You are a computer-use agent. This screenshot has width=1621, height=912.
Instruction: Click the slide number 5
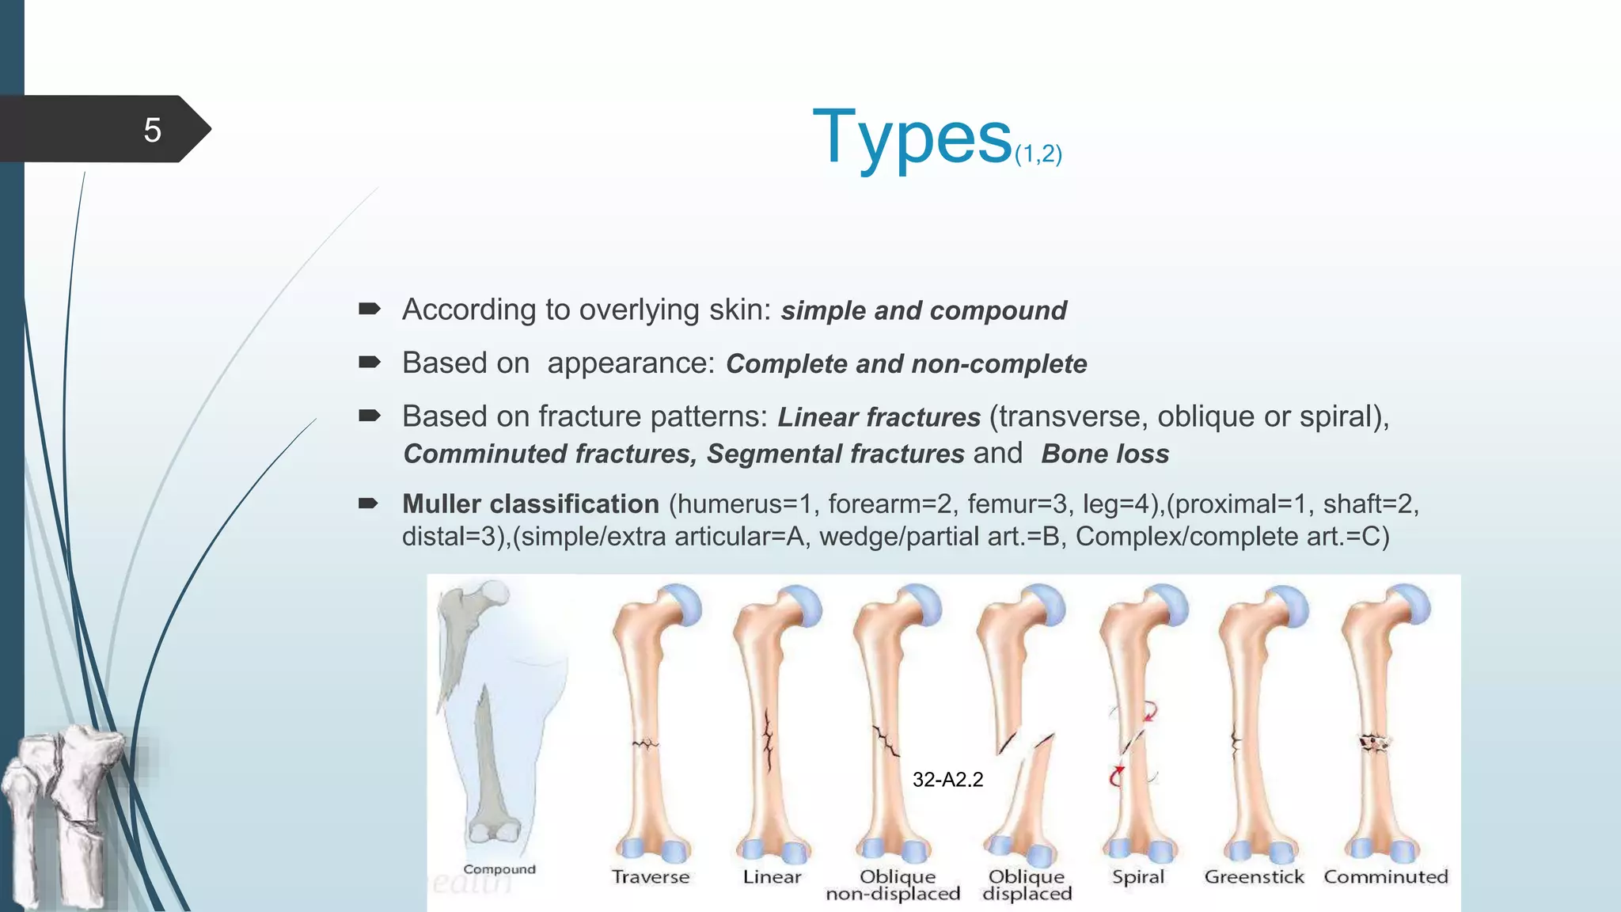[152, 130]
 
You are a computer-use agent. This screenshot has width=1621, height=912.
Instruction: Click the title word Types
[912, 138]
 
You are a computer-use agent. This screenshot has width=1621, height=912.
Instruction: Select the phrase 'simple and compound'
[923, 310]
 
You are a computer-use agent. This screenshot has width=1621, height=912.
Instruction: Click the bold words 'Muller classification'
[530, 503]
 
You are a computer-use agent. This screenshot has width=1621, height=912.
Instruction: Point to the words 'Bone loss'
[1105, 454]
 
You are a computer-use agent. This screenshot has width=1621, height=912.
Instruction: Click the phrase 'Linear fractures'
[879, 417]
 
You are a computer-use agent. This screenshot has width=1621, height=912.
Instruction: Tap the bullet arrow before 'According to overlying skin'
[369, 310]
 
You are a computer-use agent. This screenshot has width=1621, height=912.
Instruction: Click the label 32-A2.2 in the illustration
[947, 780]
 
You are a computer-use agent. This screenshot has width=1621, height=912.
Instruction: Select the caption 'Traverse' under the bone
[650, 877]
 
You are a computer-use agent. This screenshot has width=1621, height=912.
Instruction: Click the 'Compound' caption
[499, 869]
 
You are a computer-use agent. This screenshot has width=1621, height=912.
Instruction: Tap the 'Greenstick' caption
[1254, 877]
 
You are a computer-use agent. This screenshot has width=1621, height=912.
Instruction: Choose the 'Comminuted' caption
[1385, 877]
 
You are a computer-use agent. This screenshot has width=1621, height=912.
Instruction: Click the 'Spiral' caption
[1137, 877]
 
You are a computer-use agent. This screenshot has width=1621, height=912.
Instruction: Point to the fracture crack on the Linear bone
[768, 740]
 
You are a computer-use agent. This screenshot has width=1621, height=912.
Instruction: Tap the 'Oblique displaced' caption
[1027, 885]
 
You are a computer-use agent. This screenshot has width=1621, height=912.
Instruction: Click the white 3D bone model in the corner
[63, 815]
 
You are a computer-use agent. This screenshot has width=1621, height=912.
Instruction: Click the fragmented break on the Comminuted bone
[1375, 743]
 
